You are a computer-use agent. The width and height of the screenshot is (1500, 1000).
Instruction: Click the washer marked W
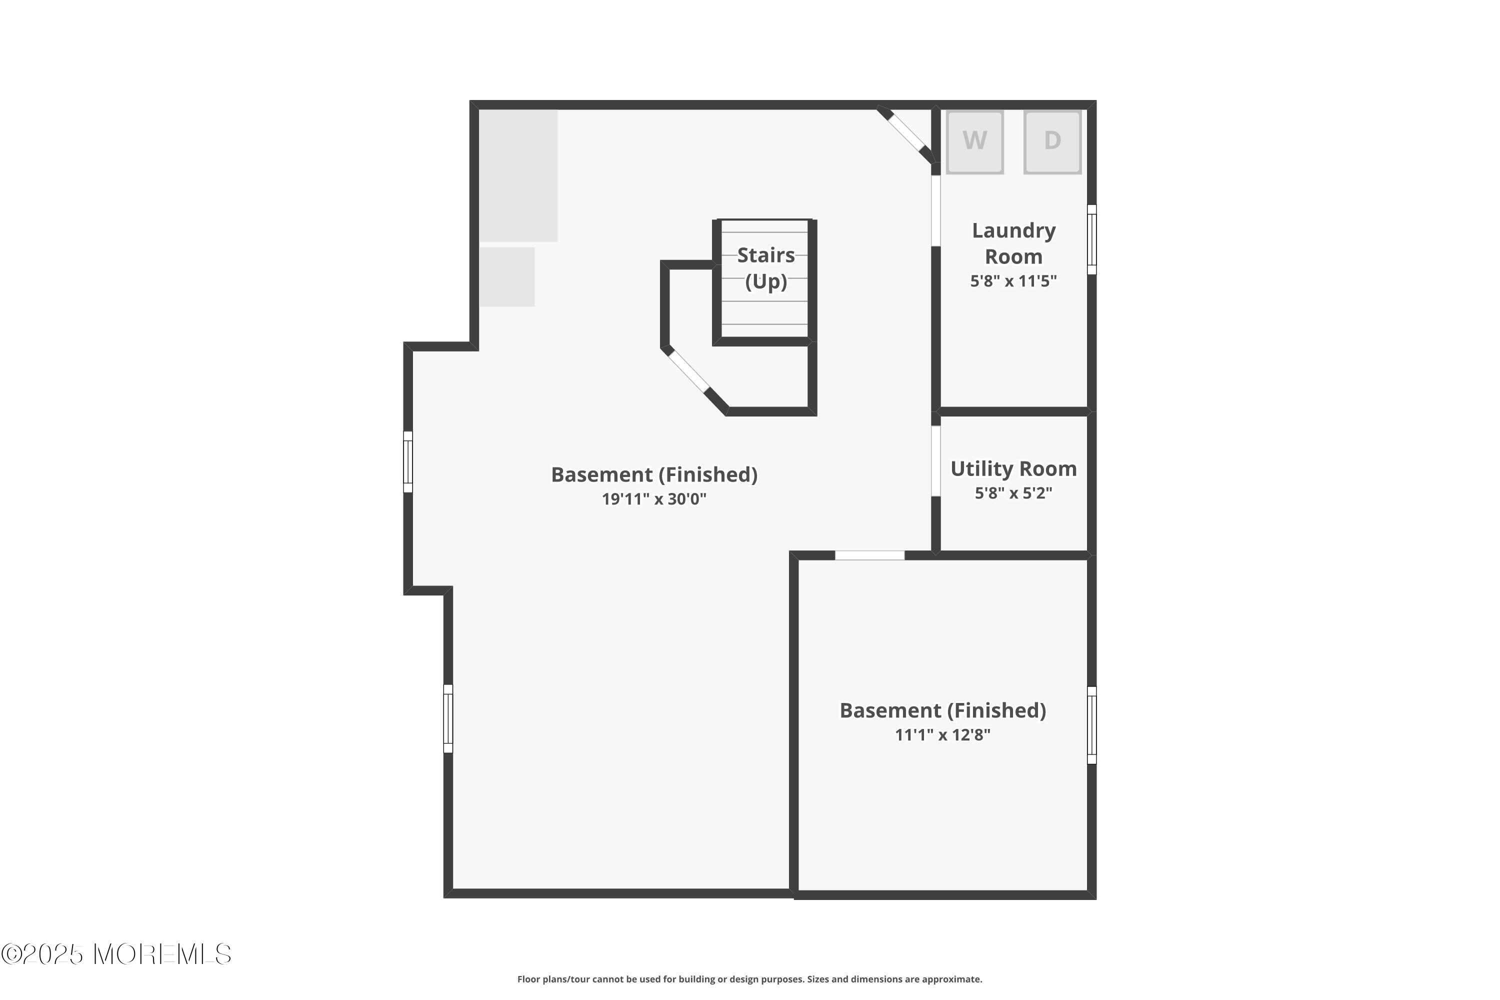click(x=974, y=141)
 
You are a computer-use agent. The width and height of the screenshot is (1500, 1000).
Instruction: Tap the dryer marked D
click(x=1052, y=141)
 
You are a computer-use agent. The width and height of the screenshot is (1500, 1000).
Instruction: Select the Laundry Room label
click(x=1013, y=243)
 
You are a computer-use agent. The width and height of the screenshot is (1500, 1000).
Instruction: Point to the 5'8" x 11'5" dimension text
click(x=1013, y=281)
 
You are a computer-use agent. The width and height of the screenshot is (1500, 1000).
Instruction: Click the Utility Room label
click(x=1013, y=469)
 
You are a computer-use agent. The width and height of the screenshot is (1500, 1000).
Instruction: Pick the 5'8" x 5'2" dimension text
click(x=1013, y=493)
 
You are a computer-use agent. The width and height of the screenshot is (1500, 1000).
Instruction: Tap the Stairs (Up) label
click(x=766, y=268)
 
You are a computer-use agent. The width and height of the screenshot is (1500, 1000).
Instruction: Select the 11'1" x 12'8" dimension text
click(x=942, y=734)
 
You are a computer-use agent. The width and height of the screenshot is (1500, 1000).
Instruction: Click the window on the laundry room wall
click(x=1092, y=240)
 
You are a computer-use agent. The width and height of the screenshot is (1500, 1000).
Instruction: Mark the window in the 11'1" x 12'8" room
click(x=1092, y=725)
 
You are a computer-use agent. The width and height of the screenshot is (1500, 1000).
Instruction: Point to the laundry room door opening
click(x=935, y=210)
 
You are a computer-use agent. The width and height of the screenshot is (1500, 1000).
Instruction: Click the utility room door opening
click(x=935, y=461)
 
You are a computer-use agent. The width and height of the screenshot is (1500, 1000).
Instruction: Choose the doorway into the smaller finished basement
click(x=869, y=555)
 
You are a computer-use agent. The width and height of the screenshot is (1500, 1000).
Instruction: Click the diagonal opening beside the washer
click(x=905, y=132)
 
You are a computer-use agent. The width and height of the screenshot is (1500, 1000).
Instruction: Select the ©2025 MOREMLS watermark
click(x=116, y=954)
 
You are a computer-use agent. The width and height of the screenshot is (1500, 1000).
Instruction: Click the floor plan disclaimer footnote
click(x=749, y=979)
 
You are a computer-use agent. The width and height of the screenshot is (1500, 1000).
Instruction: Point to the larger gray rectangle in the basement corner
click(x=518, y=176)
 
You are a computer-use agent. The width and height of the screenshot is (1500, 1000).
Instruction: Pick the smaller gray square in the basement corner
click(x=507, y=277)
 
